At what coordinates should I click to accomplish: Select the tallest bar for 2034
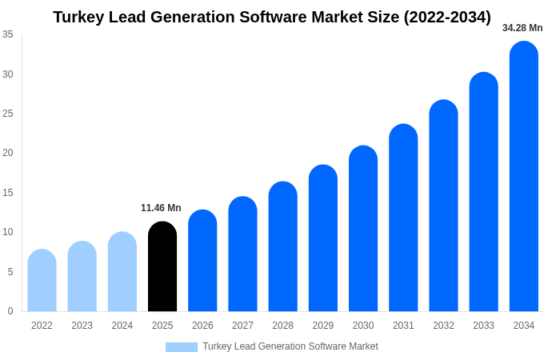pyautogui.click(x=524, y=176)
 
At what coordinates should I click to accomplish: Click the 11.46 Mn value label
pyautogui.click(x=161, y=208)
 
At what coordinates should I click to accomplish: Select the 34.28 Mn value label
pyautogui.click(x=522, y=28)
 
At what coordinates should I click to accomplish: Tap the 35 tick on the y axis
pyautogui.click(x=8, y=34)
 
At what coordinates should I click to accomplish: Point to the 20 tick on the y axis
pyautogui.click(x=8, y=153)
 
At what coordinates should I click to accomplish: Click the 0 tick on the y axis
pyautogui.click(x=10, y=311)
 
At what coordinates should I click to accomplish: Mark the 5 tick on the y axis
pyautogui.click(x=10, y=272)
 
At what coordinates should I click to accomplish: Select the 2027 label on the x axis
pyautogui.click(x=242, y=326)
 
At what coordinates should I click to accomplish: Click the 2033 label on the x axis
pyautogui.click(x=483, y=326)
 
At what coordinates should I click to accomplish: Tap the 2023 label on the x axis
pyautogui.click(x=82, y=326)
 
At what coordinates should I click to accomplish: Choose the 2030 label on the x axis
pyautogui.click(x=363, y=326)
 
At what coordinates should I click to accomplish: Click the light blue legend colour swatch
pyautogui.click(x=182, y=347)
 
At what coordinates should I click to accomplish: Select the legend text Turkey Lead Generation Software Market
pyautogui.click(x=290, y=346)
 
